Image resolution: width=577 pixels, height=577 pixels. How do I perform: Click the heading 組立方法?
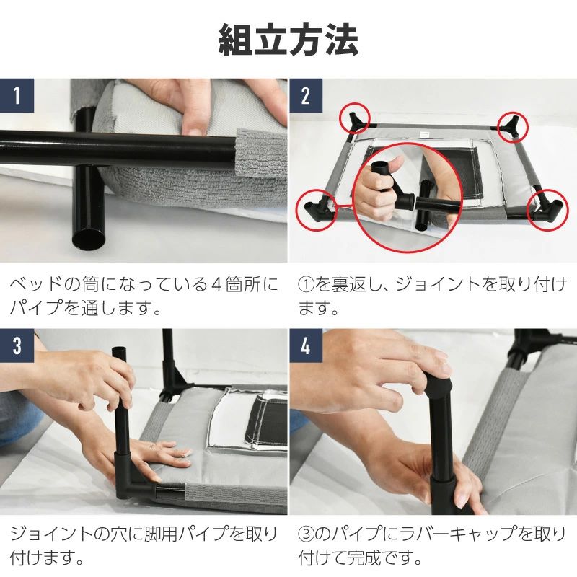coord(288,40)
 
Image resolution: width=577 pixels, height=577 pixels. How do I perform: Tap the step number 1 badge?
coord(17,95)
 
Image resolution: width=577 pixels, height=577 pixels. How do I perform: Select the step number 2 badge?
coord(306,95)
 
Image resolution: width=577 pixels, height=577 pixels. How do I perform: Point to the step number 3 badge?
coord(17,346)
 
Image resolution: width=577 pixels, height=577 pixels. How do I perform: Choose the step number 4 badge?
coord(306,346)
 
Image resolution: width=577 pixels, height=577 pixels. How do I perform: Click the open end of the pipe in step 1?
coord(89,239)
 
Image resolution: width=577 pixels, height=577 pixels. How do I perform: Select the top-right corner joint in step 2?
coord(513,126)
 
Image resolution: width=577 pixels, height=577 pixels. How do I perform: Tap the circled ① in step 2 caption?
coord(306,285)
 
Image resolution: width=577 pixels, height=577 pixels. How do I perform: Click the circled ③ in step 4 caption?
coord(306,534)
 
